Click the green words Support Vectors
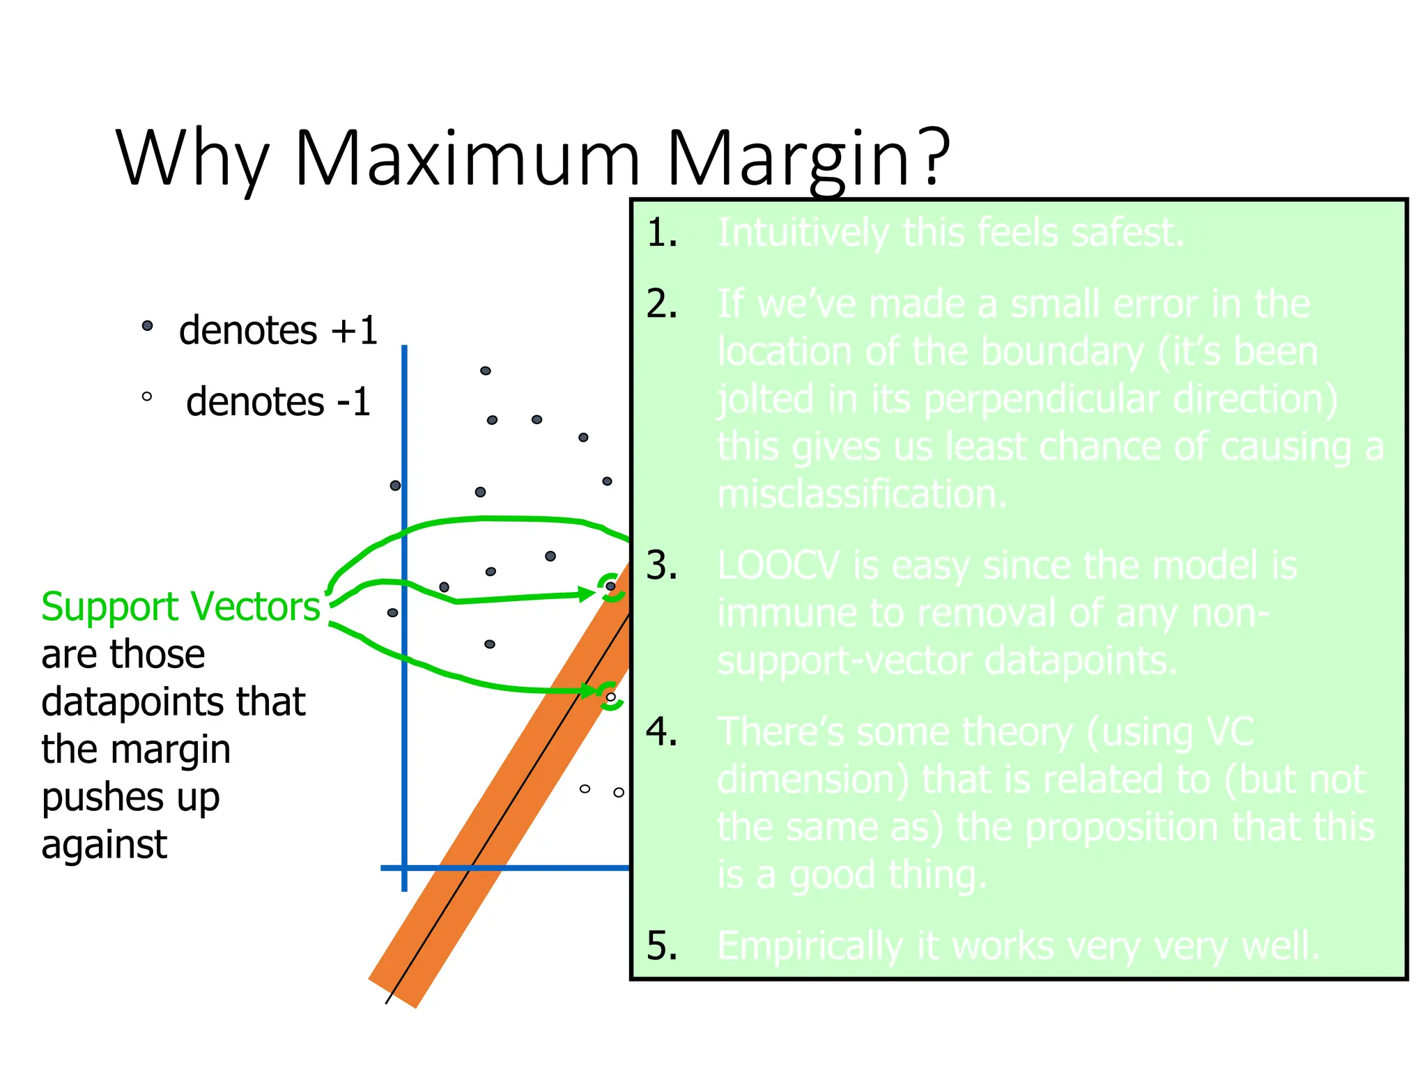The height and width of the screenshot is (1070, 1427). pyautogui.click(x=180, y=606)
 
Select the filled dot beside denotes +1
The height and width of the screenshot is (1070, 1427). pyautogui.click(x=147, y=325)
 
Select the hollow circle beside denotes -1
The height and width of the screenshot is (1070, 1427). pyautogui.click(x=146, y=396)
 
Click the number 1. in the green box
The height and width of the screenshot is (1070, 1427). pyautogui.click(x=661, y=233)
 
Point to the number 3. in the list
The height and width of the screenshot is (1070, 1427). pyautogui.click(x=661, y=565)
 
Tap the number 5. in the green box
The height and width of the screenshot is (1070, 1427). pyautogui.click(x=661, y=945)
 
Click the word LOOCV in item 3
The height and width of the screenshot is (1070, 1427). pyautogui.click(x=778, y=565)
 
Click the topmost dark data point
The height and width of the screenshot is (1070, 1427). pyautogui.click(x=486, y=371)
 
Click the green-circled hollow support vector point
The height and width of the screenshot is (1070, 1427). pyautogui.click(x=610, y=697)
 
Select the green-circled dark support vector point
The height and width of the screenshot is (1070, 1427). pyautogui.click(x=610, y=586)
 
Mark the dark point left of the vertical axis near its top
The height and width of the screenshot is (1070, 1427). pyautogui.click(x=395, y=485)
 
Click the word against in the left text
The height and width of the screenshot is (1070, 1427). pyautogui.click(x=104, y=845)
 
